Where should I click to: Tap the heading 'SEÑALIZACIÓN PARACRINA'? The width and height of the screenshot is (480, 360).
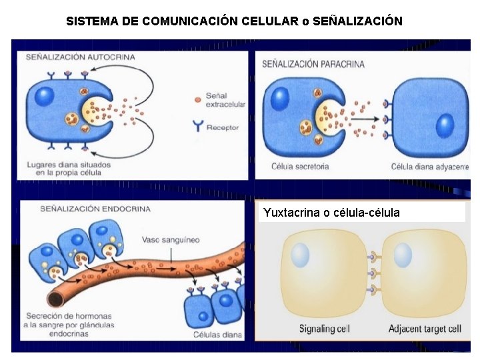point(313,64)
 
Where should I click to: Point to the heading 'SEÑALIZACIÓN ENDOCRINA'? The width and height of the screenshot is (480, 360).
point(95,208)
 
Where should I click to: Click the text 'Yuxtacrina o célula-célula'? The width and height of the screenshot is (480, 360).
point(331,213)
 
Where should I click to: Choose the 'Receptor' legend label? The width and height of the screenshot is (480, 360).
point(223,127)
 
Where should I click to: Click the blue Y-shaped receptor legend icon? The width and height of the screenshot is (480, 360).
point(197,125)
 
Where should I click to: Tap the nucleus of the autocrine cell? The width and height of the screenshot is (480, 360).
point(44,95)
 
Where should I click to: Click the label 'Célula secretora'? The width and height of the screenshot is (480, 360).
point(300,167)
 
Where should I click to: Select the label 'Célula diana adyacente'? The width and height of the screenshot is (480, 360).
point(429,167)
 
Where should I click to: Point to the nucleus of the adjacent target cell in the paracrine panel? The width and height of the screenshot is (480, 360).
point(445,125)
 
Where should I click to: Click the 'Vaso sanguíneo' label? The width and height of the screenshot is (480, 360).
point(171,240)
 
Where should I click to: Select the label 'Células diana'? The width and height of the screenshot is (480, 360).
point(217,335)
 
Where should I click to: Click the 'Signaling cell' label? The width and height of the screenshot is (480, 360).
point(324,329)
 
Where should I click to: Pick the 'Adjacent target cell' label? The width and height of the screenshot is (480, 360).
point(424,329)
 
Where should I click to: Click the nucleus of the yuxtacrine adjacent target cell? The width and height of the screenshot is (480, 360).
point(402,255)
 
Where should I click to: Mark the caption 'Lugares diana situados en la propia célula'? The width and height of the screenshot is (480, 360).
point(69,168)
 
